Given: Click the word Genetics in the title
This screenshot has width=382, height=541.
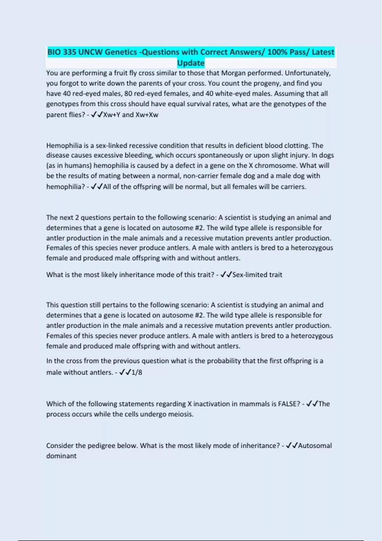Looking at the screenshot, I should coord(121,52).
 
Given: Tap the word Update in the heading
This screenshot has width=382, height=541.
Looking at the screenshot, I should coord(191,63).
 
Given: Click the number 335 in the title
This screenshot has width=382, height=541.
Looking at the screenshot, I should coord(69,52).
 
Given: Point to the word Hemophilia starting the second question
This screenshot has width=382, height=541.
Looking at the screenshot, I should coord(64,145).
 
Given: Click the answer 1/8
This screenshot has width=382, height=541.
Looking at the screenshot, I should coord(137,372).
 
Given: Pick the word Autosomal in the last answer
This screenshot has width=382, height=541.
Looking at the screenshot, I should coord(315,446).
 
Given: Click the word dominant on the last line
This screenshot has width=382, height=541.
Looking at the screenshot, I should coord(61,456).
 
